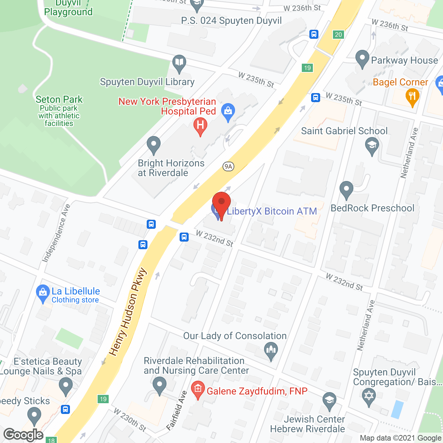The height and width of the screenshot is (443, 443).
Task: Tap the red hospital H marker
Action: pyautogui.click(x=200, y=125)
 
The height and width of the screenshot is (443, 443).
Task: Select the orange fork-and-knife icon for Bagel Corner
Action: pyautogui.click(x=412, y=96)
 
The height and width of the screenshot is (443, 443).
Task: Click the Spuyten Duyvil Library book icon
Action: pyautogui.click(x=179, y=63)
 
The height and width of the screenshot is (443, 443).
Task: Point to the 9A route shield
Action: pyautogui.click(x=228, y=166)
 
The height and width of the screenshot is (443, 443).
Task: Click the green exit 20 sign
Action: pyautogui.click(x=338, y=34)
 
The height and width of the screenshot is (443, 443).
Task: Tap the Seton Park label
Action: pyautogui.click(x=59, y=100)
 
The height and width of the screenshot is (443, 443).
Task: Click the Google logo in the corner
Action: pyautogui.click(x=24, y=435)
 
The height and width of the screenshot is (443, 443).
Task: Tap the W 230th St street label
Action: pyautogui.click(x=130, y=420)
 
